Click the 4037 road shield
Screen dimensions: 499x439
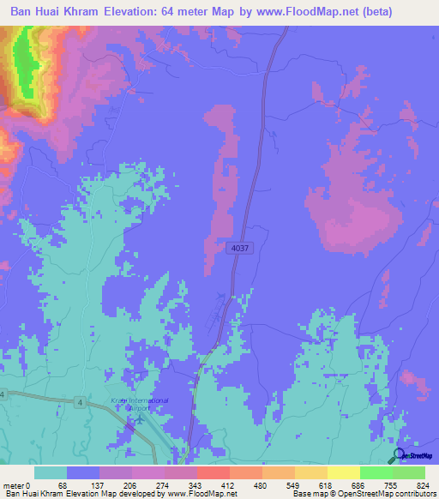click(240, 248)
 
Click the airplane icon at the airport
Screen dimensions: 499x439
click(141, 418)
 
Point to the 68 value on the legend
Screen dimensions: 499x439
click(62, 484)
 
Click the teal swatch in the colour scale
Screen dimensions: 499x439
click(51, 472)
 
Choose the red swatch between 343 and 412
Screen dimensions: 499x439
click(213, 472)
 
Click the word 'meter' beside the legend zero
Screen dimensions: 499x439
click(13, 484)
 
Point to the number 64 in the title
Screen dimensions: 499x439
click(190, 11)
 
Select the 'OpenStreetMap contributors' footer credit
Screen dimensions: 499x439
click(382, 494)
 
